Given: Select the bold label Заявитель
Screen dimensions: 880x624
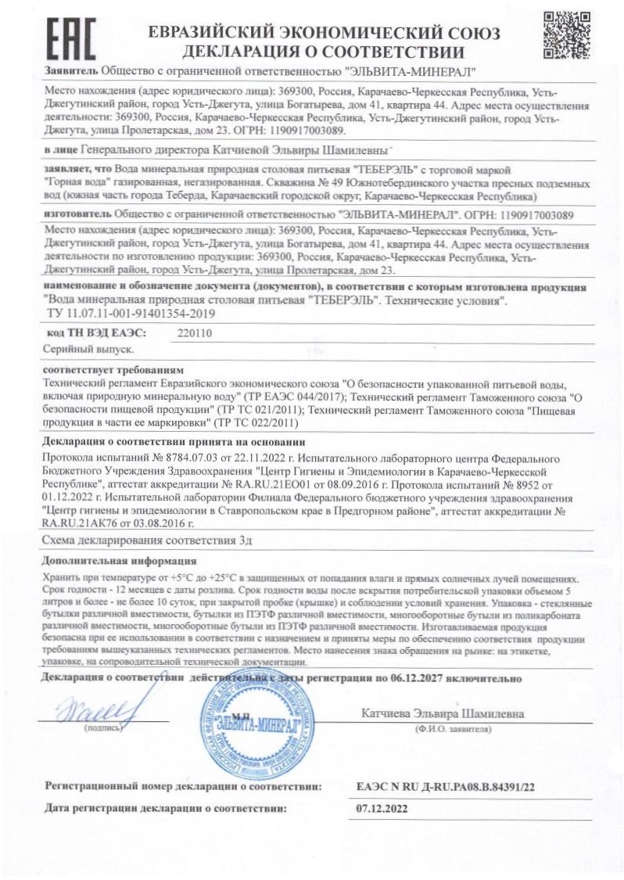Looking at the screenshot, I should [72, 71].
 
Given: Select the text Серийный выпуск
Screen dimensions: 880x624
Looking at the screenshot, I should [83, 350].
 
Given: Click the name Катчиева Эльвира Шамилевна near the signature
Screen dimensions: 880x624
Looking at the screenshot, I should [443, 713].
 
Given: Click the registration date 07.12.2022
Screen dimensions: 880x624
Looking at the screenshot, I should [381, 808].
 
